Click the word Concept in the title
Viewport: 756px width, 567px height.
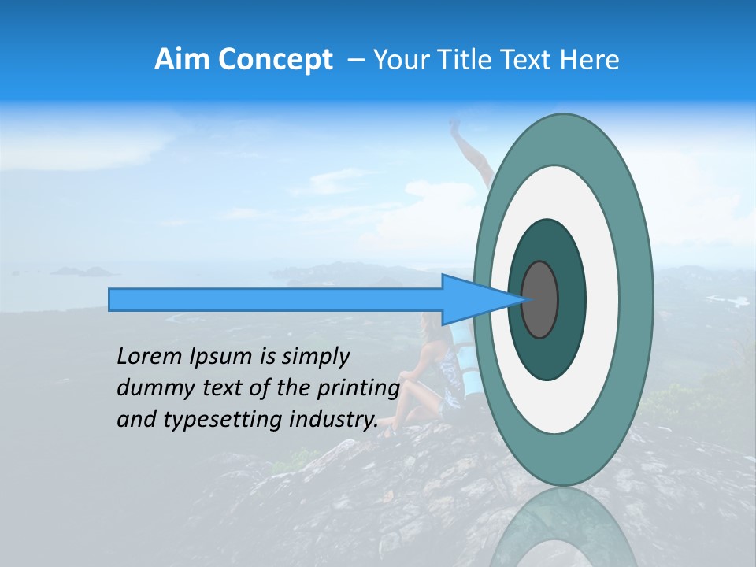tap(275, 60)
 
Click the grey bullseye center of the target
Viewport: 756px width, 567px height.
tap(540, 299)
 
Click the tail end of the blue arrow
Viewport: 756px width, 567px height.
tap(113, 299)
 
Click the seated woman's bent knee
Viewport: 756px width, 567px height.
tap(409, 377)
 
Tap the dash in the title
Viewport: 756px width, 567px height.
tap(355, 60)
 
